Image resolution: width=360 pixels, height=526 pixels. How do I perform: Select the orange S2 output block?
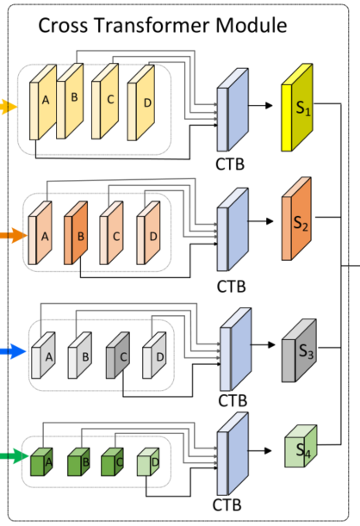297,220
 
